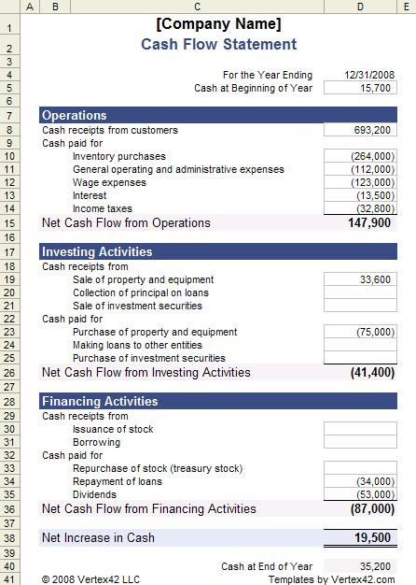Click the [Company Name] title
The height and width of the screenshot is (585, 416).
[x=218, y=24]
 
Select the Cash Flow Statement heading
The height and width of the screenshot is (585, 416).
[x=218, y=45]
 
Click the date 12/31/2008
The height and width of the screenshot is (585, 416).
[x=369, y=75]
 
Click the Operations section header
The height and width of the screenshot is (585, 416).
[x=75, y=116]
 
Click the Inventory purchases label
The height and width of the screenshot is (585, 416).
[x=118, y=156]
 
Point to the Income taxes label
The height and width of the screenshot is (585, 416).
[x=102, y=208]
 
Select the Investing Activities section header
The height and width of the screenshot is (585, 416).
[x=97, y=251]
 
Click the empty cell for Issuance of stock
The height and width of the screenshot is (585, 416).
[x=359, y=429]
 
